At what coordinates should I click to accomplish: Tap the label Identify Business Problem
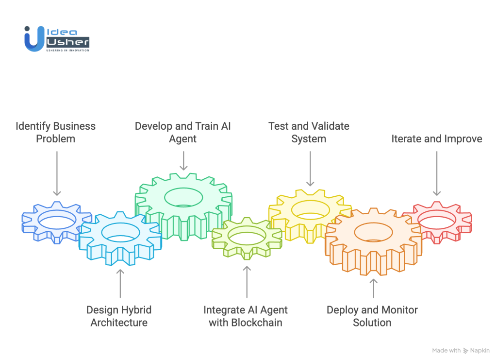pos(55,133)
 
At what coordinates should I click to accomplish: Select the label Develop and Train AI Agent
pos(183,133)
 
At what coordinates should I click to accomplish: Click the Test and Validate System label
pos(309,133)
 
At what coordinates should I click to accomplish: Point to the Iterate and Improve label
pos(437,139)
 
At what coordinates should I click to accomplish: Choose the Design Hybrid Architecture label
pos(119,316)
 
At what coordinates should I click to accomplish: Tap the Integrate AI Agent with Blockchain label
pos(246,316)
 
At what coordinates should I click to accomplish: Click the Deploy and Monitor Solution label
pos(372,316)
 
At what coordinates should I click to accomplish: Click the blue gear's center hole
pos(57,220)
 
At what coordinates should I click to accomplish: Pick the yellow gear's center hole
pos(310,209)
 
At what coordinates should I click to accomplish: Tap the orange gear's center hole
pos(373,232)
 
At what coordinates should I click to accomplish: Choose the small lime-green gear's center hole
pos(246,238)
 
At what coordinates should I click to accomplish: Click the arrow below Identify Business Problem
pos(57,172)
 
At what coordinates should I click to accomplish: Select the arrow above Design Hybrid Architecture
pos(120,282)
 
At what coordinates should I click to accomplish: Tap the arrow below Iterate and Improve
pos(437,172)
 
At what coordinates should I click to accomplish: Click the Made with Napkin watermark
pos(461,350)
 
